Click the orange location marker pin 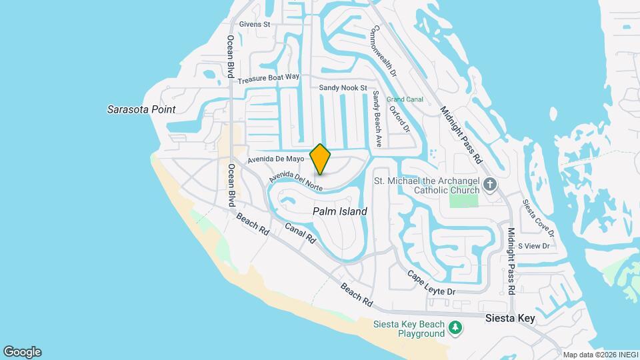[x=320, y=159]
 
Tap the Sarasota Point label [x=141, y=109]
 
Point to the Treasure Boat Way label [x=269, y=78]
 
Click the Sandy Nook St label [x=343, y=88]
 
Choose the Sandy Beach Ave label [x=377, y=119]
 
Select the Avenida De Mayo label [x=275, y=159]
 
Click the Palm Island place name [x=340, y=211]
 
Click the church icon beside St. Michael [x=491, y=184]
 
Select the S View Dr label [x=533, y=246]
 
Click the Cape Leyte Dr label [x=431, y=283]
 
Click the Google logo [x=22, y=351]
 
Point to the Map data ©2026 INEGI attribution [x=599, y=354]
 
